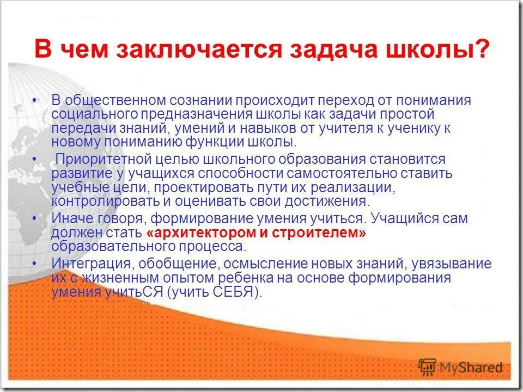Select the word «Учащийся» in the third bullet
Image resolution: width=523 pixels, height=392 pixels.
416,219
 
